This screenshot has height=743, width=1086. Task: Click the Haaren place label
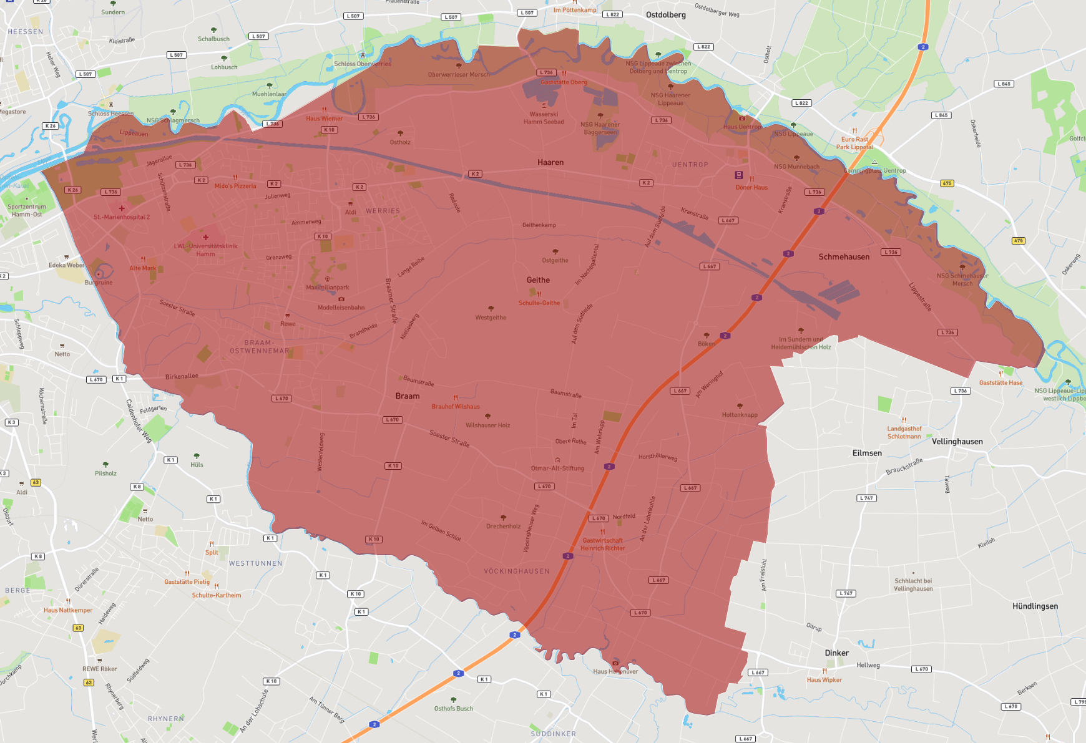[x=550, y=162]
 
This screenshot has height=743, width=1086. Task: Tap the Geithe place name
[x=538, y=280]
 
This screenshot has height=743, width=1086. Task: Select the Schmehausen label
[x=844, y=257]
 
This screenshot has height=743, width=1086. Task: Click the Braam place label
[x=408, y=396]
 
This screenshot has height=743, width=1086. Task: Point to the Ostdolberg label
[x=665, y=15]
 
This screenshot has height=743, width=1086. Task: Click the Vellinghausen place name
[x=957, y=442]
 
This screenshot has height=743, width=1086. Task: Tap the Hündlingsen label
[x=1035, y=606]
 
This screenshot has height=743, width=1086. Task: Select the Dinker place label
[x=836, y=653]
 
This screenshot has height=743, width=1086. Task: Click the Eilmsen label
[x=867, y=454]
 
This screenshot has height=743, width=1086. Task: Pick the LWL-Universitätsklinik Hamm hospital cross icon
[x=206, y=237]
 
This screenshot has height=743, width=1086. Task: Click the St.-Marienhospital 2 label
[x=122, y=217]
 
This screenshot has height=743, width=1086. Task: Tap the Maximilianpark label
[x=328, y=288]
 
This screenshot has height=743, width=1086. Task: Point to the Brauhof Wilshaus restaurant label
[x=456, y=407]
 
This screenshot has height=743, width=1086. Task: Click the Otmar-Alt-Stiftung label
[x=557, y=469]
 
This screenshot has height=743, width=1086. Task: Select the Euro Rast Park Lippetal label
[x=854, y=143]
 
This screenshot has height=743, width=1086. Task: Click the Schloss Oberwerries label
[x=362, y=64]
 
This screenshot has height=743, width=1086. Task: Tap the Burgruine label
[x=99, y=283]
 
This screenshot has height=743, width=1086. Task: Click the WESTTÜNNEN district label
[x=255, y=563]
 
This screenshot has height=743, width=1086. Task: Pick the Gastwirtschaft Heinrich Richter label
[x=602, y=545]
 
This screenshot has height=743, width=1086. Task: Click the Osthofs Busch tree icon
[x=454, y=700]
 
